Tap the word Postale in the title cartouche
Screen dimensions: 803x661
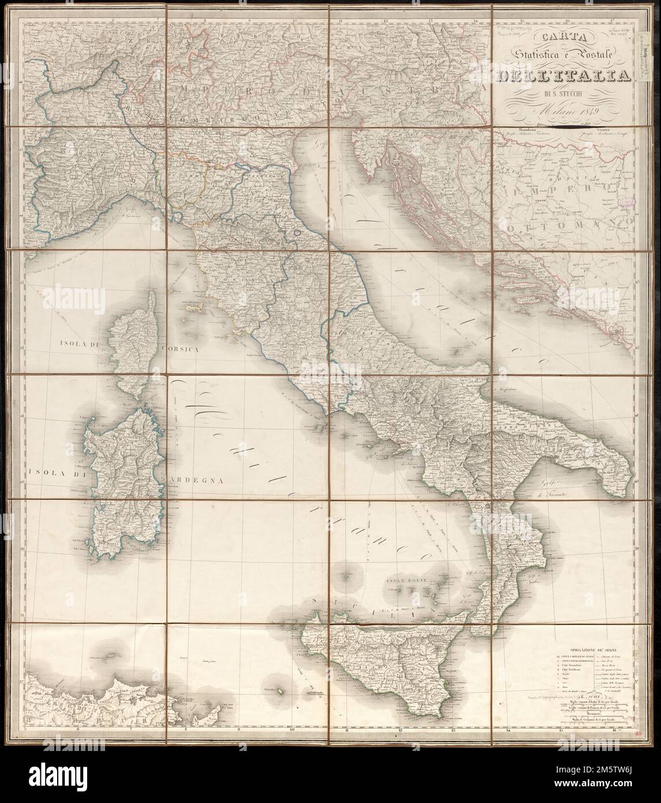(584, 55)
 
